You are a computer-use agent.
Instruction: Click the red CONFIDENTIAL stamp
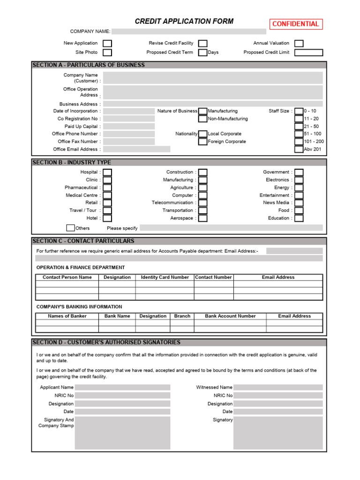(296, 24)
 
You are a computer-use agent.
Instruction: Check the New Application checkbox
(107, 43)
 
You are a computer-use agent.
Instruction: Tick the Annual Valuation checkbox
(299, 43)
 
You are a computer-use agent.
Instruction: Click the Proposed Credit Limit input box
(308, 52)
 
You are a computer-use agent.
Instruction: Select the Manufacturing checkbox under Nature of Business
(202, 111)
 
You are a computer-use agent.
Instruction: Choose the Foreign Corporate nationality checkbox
(202, 142)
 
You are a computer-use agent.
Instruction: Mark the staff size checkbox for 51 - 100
(299, 134)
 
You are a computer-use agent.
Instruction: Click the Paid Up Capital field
(129, 127)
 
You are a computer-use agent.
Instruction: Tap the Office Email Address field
(136, 149)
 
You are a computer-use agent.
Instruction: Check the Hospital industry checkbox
(107, 172)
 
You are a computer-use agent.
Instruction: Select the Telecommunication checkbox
(202, 203)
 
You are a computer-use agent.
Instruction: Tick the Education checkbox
(299, 218)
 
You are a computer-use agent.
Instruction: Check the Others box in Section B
(70, 228)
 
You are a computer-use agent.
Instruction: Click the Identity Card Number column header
(165, 277)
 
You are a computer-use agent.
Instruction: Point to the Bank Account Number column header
(230, 316)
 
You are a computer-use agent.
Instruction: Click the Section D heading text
(106, 343)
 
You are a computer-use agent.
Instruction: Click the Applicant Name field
(122, 388)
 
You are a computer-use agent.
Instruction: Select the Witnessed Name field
(277, 388)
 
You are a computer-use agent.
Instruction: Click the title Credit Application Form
(184, 22)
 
